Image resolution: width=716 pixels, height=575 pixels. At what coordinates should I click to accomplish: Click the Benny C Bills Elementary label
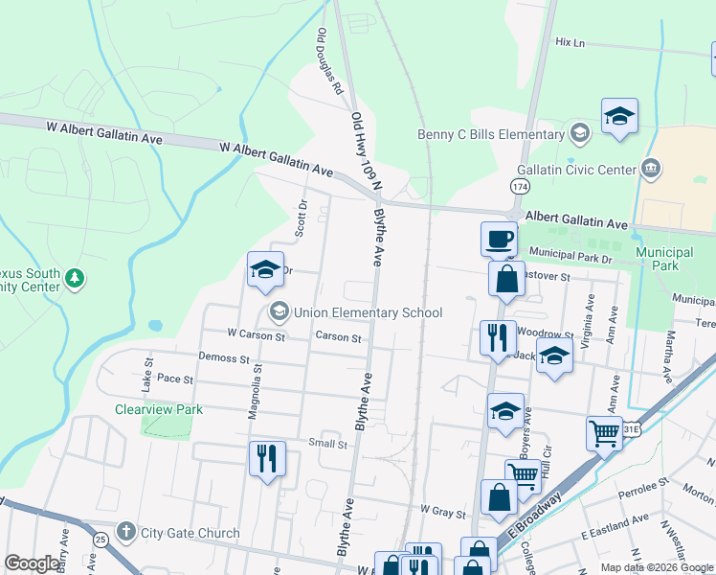pyautogui.click(x=491, y=134)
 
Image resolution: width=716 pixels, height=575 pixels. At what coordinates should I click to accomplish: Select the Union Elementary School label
pyautogui.click(x=369, y=312)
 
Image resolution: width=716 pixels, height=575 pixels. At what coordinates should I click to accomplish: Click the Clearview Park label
pyautogui.click(x=159, y=409)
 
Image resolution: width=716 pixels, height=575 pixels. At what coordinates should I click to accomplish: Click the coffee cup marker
pyautogui.click(x=500, y=239)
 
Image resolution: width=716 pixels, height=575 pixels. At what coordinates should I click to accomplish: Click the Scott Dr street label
pyautogui.click(x=302, y=218)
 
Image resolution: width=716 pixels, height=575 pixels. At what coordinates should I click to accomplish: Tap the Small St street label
pyautogui.click(x=327, y=444)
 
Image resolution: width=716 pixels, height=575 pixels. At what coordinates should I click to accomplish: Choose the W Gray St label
pyautogui.click(x=442, y=512)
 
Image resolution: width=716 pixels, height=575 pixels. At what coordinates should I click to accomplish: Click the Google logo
pyautogui.click(x=32, y=563)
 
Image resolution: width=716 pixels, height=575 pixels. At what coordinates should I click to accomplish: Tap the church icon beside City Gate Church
pyautogui.click(x=125, y=532)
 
